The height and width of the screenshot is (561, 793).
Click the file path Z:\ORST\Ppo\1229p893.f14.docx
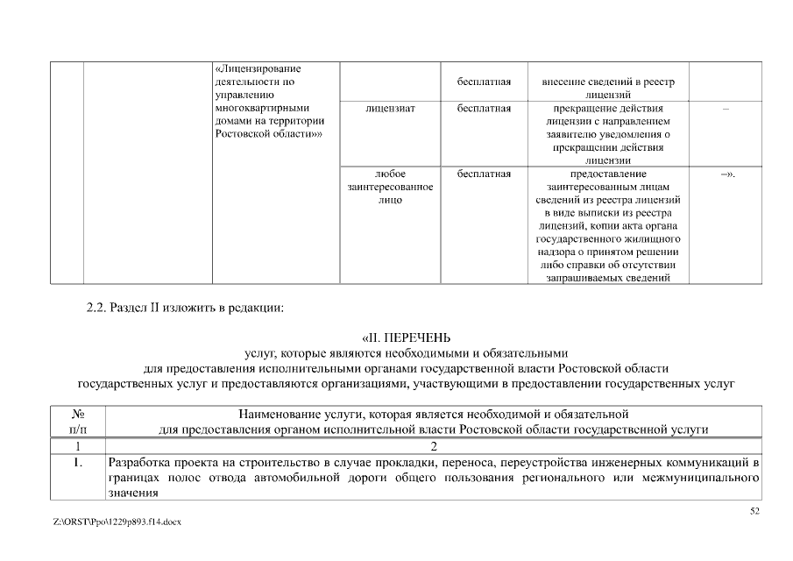click(117, 522)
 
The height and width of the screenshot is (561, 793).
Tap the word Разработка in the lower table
click(138, 461)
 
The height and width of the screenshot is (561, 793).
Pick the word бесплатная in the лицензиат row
click(484, 109)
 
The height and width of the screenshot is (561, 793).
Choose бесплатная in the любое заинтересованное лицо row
click(484, 174)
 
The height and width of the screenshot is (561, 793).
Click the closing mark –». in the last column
click(726, 174)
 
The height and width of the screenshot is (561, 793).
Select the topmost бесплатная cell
click(484, 82)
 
